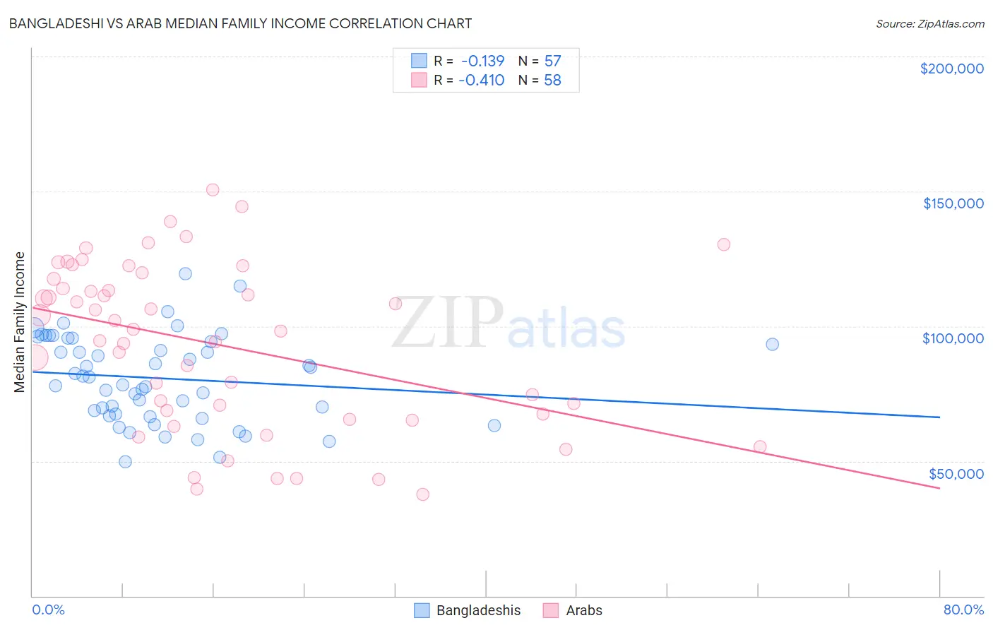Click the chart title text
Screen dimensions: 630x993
click(x=240, y=23)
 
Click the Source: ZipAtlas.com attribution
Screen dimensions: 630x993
click(x=929, y=23)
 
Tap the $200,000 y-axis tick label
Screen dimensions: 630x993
click(x=951, y=69)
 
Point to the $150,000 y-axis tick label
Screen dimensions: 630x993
click(x=953, y=203)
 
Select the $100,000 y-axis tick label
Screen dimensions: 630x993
click(x=953, y=338)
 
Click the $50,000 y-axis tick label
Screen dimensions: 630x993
click(x=956, y=473)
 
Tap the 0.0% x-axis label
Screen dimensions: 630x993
click(x=48, y=610)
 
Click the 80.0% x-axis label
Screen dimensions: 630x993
click(x=963, y=610)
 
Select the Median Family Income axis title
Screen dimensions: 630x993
click(x=19, y=322)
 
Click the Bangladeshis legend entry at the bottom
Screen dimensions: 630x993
click(x=478, y=610)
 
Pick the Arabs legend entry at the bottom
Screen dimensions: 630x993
click(x=584, y=610)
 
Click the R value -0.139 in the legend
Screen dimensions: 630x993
click(x=482, y=61)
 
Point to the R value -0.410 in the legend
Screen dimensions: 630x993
click(x=481, y=81)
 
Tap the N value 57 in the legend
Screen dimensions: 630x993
click(x=552, y=61)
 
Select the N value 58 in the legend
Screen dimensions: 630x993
click(x=552, y=81)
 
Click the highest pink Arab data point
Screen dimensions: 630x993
click(x=213, y=189)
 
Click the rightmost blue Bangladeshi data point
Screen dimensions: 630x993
click(x=772, y=344)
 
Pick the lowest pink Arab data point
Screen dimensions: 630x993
click(x=423, y=494)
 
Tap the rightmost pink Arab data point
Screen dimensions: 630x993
click(x=760, y=446)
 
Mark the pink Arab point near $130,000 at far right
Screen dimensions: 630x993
click(x=723, y=244)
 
